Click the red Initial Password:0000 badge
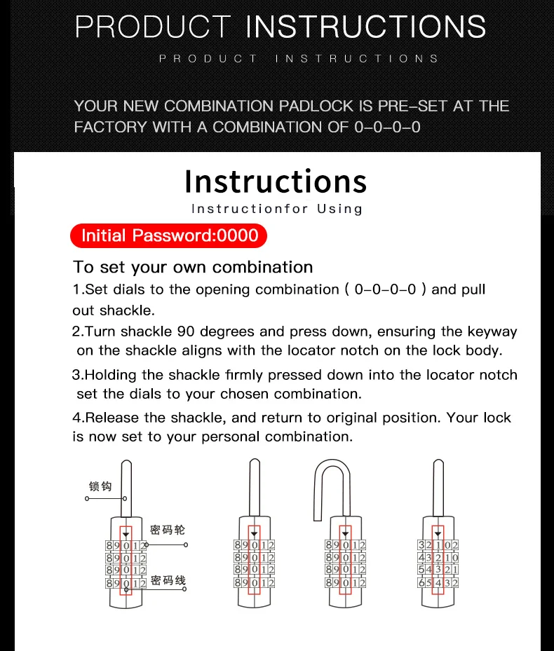click(x=168, y=235)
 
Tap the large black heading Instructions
click(x=276, y=182)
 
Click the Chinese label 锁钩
click(x=100, y=486)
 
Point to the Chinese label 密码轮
click(x=168, y=530)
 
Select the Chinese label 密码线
click(x=168, y=580)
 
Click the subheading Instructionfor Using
click(x=277, y=208)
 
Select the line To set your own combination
click(x=193, y=267)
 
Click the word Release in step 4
click(x=112, y=417)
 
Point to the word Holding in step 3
click(x=111, y=375)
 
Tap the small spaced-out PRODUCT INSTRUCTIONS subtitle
click(x=299, y=59)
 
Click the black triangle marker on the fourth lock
click(x=438, y=534)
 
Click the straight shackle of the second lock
click(x=255, y=488)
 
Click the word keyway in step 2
click(x=492, y=331)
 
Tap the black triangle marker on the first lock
click(x=126, y=535)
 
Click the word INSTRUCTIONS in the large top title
click(x=366, y=27)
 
